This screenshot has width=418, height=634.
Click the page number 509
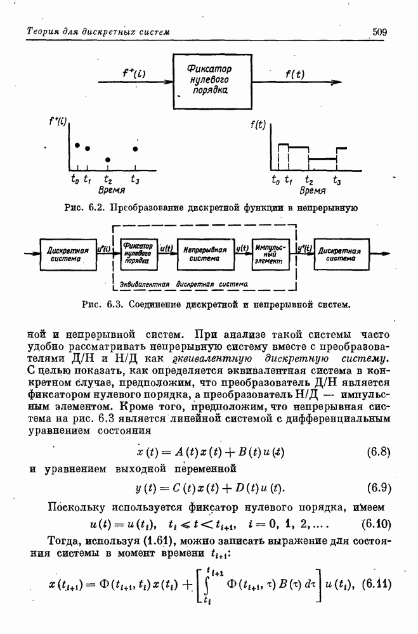[x=380, y=31]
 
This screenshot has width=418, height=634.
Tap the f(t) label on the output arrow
[x=294, y=74]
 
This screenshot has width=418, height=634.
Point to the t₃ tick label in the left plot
[x=134, y=179]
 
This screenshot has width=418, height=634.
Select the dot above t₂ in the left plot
[x=108, y=159]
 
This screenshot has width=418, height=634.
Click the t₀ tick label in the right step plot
[x=275, y=179]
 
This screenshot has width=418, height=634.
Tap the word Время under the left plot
[x=111, y=190]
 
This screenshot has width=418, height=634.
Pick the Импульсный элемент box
[x=269, y=254]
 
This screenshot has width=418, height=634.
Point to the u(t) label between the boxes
[x=166, y=249]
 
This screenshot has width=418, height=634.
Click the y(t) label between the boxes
[x=242, y=249]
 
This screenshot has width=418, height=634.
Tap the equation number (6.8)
[x=378, y=453]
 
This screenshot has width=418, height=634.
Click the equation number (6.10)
[x=376, y=524]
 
